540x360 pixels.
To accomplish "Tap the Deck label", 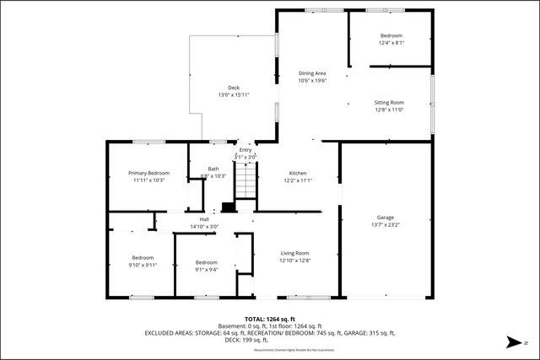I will click(x=234, y=88).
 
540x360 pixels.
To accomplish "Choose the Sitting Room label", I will click(x=389, y=102).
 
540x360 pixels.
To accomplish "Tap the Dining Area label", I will click(x=311, y=73).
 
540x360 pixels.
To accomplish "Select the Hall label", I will click(x=204, y=219).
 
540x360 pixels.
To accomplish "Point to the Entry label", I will click(x=245, y=149).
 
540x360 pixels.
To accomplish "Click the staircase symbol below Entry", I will click(x=245, y=182).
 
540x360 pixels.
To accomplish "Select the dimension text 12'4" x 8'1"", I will click(x=391, y=42).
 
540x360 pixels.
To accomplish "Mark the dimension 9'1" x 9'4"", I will click(x=207, y=270).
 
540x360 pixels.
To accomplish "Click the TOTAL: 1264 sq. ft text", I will click(x=270, y=320).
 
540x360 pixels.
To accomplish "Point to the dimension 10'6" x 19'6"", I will click(x=311, y=81).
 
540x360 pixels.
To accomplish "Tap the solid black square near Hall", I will click(x=227, y=207).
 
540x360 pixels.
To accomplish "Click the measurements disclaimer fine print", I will click(x=270, y=348).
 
